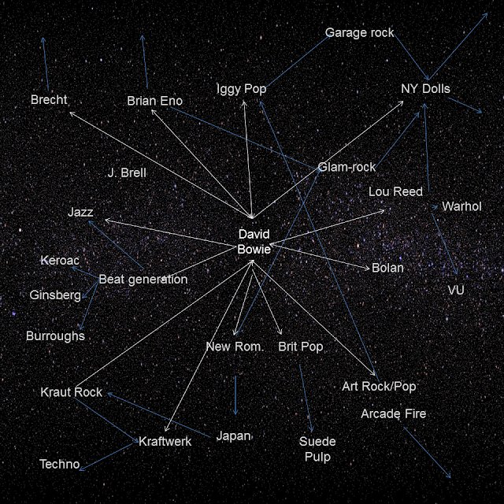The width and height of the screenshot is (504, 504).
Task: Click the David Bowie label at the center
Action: pyautogui.click(x=254, y=242)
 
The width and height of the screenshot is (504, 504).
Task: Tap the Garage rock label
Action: pyautogui.click(x=359, y=33)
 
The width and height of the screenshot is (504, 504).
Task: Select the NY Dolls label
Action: pyautogui.click(x=425, y=89)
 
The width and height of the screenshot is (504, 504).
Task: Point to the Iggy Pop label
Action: pyautogui.click(x=241, y=89)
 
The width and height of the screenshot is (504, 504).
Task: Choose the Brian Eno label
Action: pyautogui.click(x=154, y=101)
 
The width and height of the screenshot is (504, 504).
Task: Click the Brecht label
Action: pyautogui.click(x=49, y=100)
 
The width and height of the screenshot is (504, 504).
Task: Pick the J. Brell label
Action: pyautogui.click(x=127, y=172)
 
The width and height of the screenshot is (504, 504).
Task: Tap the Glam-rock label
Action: pyautogui.click(x=346, y=167)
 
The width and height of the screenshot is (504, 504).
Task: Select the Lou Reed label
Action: pyautogui.click(x=395, y=191)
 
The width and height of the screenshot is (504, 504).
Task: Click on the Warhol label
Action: pyautogui.click(x=461, y=206)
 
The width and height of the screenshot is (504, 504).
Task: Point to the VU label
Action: pyautogui.click(x=456, y=291)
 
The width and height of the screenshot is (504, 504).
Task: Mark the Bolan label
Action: pyautogui.click(x=387, y=268)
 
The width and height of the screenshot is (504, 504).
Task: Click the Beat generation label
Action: pyautogui.click(x=143, y=279)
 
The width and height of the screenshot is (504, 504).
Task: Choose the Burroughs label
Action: pyautogui.click(x=55, y=335)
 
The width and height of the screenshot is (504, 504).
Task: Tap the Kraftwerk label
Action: pyautogui.click(x=165, y=442)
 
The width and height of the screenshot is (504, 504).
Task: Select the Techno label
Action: pyautogui.click(x=60, y=464)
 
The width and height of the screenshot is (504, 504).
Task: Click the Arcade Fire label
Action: pyautogui.click(x=393, y=413)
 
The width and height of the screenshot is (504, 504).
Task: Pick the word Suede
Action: pyautogui.click(x=317, y=442)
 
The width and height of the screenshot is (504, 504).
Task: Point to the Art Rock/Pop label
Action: pyautogui.click(x=379, y=386)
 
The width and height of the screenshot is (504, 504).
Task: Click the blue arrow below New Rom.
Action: pyautogui.click(x=235, y=395)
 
